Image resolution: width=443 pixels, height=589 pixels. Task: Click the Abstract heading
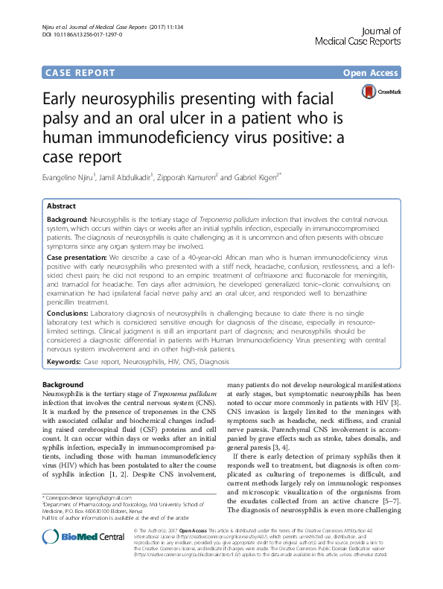point(62,206)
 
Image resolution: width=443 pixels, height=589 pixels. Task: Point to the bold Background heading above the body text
point(63,383)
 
